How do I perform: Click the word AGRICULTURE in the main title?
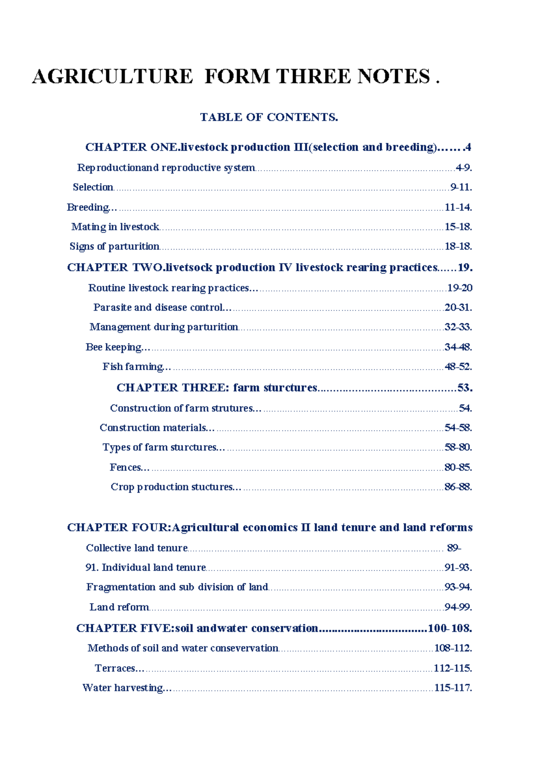point(113,77)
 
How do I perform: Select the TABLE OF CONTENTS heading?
point(269,117)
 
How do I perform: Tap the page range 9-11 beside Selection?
point(461,187)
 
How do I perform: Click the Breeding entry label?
point(88,207)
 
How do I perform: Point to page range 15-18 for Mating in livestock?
point(458,227)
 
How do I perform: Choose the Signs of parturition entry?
point(114,246)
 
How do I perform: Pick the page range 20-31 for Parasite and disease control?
point(458,307)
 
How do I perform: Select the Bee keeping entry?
point(114,347)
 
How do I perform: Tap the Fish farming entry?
point(133,367)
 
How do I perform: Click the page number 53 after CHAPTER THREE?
point(464,388)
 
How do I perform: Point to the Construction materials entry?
point(153,428)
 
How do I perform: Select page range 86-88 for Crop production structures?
point(458,487)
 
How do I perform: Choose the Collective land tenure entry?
point(137,548)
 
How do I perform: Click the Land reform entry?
point(119,607)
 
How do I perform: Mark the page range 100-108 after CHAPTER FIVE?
point(450,628)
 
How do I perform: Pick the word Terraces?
point(115,668)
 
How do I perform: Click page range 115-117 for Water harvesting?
point(453,688)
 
